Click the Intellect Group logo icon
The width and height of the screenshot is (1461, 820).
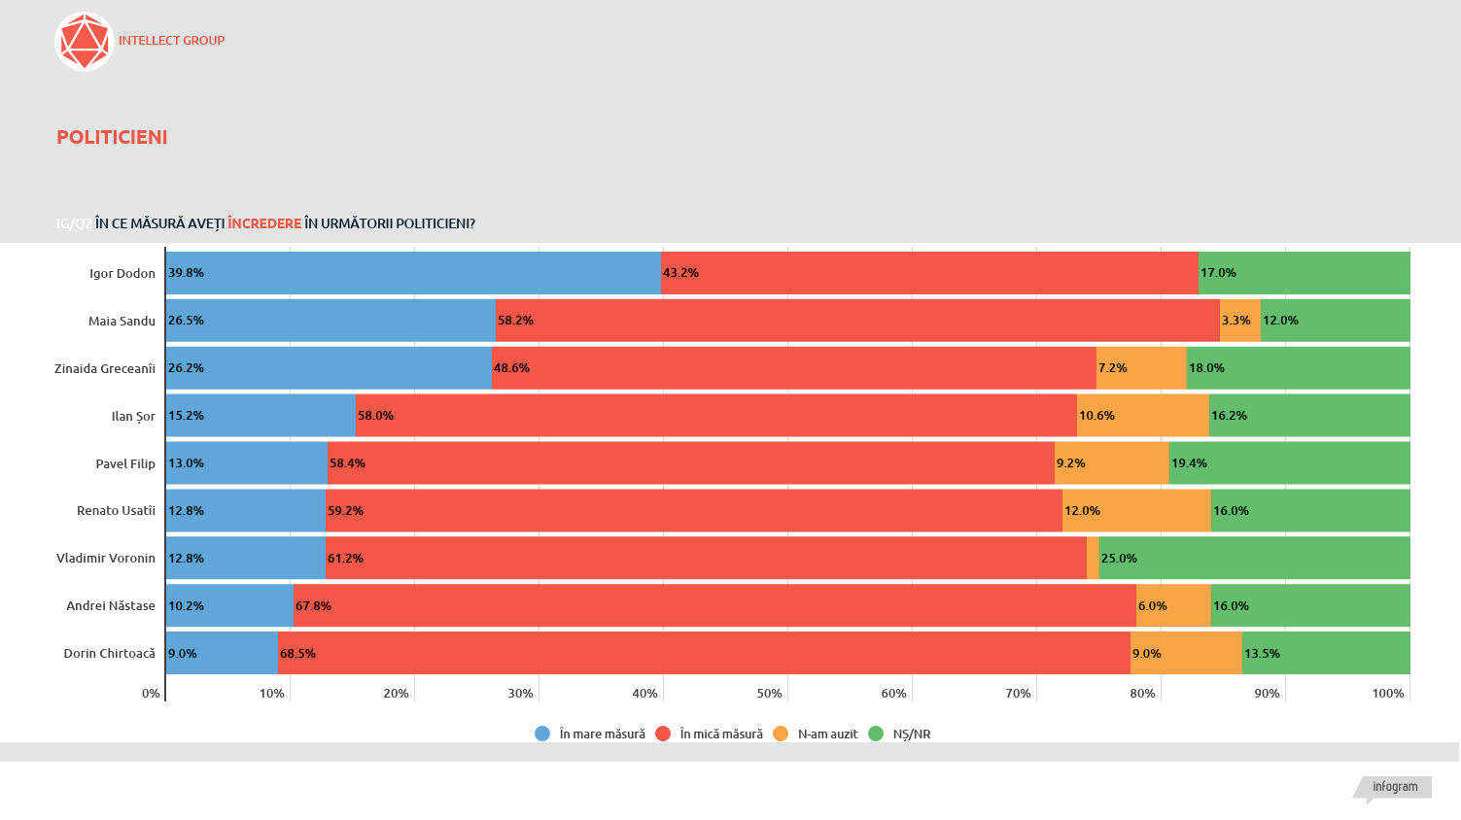(85, 42)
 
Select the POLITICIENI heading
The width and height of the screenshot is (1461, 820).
(112, 137)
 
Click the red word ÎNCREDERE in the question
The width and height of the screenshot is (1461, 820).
(264, 223)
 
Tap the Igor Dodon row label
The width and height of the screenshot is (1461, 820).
(122, 273)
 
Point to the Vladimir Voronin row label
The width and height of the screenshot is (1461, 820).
(106, 558)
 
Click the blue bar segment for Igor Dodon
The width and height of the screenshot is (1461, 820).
(413, 273)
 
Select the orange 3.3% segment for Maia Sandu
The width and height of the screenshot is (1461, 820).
(1239, 321)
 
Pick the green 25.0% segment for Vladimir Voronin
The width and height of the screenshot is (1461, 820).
(1254, 558)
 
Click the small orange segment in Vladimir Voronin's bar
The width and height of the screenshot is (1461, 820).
(1093, 558)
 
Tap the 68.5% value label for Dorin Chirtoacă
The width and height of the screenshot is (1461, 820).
(297, 654)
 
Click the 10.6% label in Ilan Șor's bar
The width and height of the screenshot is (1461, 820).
(1096, 416)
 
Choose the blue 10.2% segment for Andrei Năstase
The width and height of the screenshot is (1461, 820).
(229, 605)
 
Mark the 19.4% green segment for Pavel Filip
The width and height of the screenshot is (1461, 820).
(1289, 463)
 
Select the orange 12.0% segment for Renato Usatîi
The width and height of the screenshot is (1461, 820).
(1136, 511)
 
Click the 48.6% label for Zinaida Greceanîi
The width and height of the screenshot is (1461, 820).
(511, 368)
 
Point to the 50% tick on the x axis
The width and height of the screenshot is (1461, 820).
(769, 693)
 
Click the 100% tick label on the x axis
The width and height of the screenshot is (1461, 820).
(1387, 693)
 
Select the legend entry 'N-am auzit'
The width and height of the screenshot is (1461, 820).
(827, 734)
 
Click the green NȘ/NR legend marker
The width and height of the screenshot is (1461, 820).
(875, 734)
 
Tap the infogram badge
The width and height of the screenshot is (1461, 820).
(1395, 787)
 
